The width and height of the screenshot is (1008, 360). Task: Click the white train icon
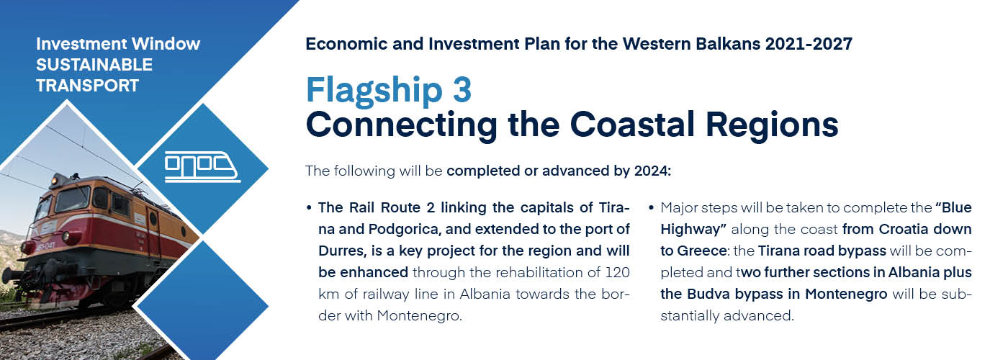pos(202,166)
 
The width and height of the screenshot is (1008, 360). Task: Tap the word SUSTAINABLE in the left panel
pos(94,65)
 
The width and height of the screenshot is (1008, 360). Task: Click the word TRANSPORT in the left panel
pos(87,86)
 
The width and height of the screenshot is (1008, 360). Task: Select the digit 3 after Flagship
pos(462,89)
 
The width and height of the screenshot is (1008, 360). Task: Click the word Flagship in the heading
pos(374,91)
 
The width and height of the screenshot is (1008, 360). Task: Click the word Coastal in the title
pos(632,124)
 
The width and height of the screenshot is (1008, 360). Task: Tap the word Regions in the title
pos(772,126)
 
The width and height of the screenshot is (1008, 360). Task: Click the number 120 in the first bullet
pos(618,272)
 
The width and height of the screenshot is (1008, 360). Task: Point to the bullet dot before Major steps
pos(651,208)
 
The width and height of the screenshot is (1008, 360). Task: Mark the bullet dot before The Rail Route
pos(309,208)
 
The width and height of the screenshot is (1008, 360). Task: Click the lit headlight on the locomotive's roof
pos(55,181)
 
